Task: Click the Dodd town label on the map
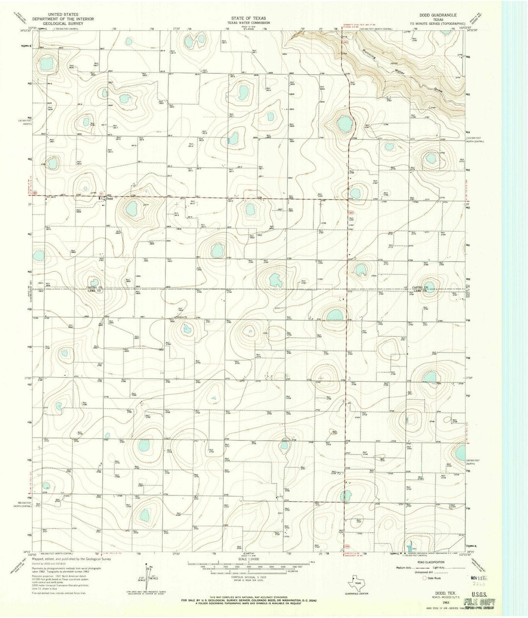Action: pyautogui.click(x=110, y=199)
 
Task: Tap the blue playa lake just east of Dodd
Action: pyautogui.click(x=132, y=209)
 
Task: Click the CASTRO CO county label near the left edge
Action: pyautogui.click(x=94, y=287)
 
